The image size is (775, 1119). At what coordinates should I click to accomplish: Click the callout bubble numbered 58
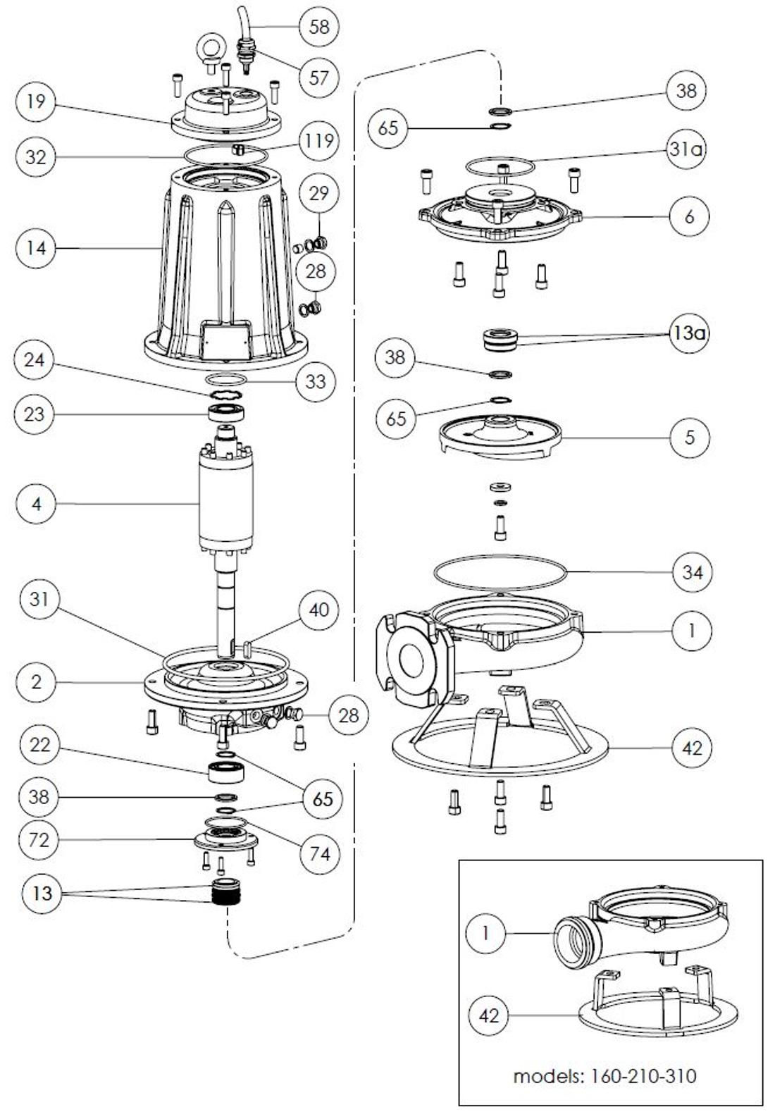click(x=319, y=27)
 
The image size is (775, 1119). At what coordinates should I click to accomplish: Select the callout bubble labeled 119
click(x=319, y=140)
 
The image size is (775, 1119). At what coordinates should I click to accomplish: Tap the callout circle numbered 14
click(x=36, y=248)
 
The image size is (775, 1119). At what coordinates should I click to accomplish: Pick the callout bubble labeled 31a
click(x=687, y=150)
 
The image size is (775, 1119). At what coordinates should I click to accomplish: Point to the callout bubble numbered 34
click(x=692, y=571)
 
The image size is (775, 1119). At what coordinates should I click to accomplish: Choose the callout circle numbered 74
click(x=319, y=853)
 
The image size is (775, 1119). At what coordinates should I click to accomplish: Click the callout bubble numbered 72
click(x=39, y=839)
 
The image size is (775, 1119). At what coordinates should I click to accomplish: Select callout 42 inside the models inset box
click(x=489, y=1015)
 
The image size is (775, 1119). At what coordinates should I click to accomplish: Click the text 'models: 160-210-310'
click(x=604, y=1076)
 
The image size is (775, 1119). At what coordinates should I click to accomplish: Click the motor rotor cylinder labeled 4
click(x=226, y=504)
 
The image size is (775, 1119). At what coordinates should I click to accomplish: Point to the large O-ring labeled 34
click(x=500, y=571)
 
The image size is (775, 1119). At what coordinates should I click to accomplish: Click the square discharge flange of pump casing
click(x=411, y=659)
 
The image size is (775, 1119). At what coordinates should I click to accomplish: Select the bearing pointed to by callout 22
click(x=226, y=769)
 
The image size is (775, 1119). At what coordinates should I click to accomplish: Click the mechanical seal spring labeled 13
click(x=226, y=898)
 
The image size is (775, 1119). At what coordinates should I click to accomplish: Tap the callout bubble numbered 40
click(x=319, y=609)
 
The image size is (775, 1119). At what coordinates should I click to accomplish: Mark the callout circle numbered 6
click(x=689, y=216)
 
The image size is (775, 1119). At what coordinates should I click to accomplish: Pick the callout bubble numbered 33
click(x=316, y=381)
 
